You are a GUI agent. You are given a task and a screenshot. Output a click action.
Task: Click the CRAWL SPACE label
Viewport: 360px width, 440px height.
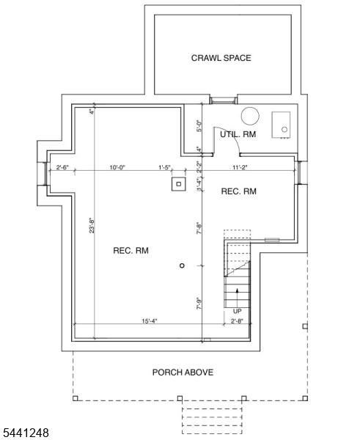tap(221, 58)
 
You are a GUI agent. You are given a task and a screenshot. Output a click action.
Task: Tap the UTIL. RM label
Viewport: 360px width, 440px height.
tap(238, 134)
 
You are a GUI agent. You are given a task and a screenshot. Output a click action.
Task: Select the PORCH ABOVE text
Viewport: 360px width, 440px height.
tap(183, 373)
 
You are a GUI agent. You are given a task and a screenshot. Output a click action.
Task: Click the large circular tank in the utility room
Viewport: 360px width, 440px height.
tap(250, 116)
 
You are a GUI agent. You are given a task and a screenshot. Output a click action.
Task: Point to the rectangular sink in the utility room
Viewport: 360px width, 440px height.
tap(281, 125)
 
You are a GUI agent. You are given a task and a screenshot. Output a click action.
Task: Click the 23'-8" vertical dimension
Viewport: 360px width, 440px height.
tap(92, 226)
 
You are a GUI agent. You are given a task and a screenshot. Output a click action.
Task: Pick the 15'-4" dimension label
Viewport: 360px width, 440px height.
tap(150, 321)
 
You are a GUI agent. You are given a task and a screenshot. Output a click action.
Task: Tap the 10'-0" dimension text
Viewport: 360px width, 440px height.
tap(117, 167)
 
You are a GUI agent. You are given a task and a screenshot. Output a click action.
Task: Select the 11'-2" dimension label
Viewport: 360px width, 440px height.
tap(240, 167)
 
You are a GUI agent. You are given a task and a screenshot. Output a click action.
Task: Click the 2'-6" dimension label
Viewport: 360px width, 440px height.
tap(62, 167)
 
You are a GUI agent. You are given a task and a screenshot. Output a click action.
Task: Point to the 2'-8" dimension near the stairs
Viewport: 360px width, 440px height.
tap(237, 321)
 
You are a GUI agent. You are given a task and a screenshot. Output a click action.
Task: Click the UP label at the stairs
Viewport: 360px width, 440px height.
tap(237, 311)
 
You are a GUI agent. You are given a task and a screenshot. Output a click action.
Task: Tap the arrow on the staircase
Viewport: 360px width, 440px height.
tap(237, 298)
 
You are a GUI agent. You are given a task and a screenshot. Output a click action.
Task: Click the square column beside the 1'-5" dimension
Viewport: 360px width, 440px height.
tap(179, 184)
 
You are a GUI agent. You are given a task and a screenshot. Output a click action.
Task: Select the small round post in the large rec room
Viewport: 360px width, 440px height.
tap(182, 265)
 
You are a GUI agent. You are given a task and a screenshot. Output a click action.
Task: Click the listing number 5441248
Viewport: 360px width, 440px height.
tap(26, 433)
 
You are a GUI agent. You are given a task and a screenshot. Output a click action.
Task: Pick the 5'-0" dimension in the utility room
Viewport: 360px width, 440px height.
tap(199, 126)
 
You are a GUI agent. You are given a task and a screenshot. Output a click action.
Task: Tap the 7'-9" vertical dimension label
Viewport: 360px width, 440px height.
tap(199, 304)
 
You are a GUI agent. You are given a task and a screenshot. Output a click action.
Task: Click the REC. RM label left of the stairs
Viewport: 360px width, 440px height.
tap(131, 251)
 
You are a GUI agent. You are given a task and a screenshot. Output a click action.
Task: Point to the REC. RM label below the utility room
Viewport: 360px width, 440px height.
tap(239, 191)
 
